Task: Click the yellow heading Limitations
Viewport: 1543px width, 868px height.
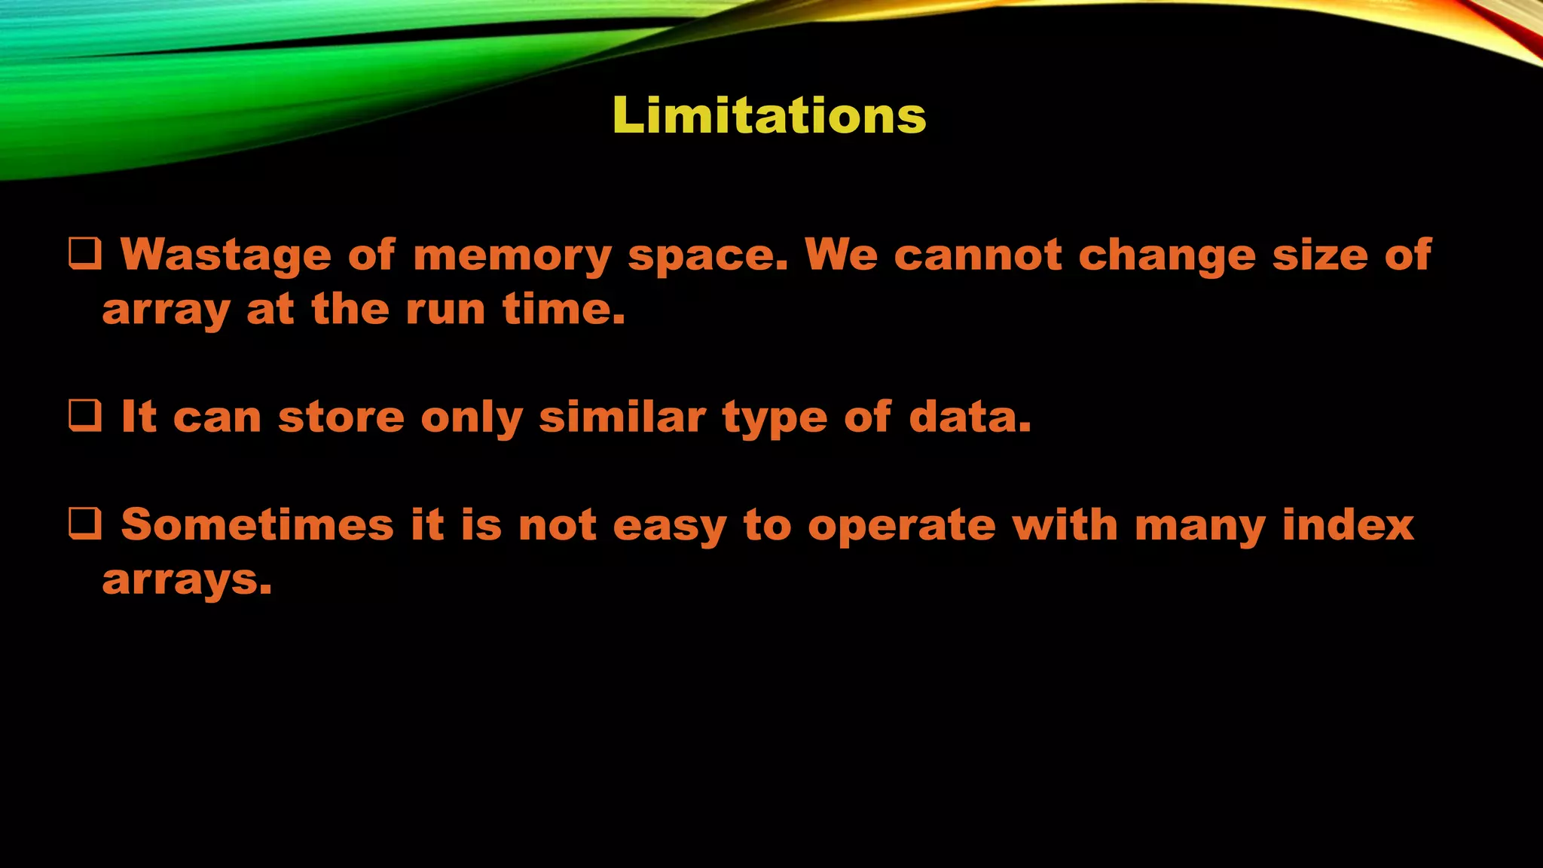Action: click(x=769, y=116)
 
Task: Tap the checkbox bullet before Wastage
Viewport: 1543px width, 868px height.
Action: click(x=85, y=255)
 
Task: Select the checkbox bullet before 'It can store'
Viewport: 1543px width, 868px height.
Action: click(x=85, y=416)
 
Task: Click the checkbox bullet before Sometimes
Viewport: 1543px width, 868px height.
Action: click(x=85, y=524)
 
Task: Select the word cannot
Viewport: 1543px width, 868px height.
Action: click(x=978, y=255)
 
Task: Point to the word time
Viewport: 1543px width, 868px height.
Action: click(x=564, y=309)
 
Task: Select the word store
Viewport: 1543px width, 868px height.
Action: click(x=341, y=417)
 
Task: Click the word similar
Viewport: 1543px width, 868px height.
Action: click(x=622, y=417)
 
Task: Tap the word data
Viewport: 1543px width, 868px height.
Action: click(x=970, y=417)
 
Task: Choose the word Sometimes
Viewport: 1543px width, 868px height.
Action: click(x=258, y=524)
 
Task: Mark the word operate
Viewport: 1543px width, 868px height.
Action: click(x=901, y=526)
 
